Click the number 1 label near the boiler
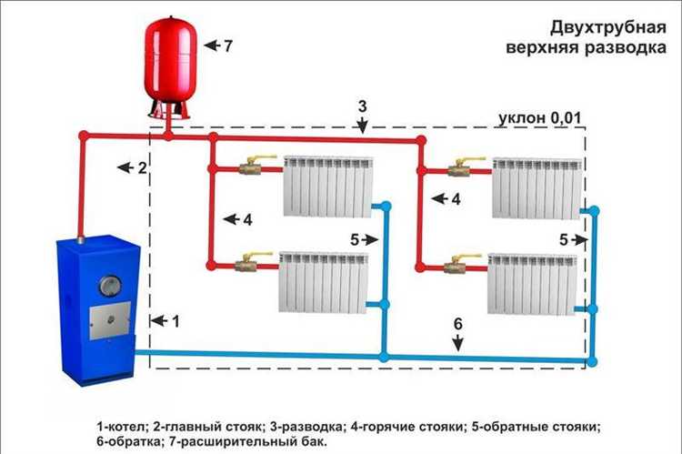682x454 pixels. (x=176, y=320)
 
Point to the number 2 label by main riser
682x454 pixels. (x=141, y=167)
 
